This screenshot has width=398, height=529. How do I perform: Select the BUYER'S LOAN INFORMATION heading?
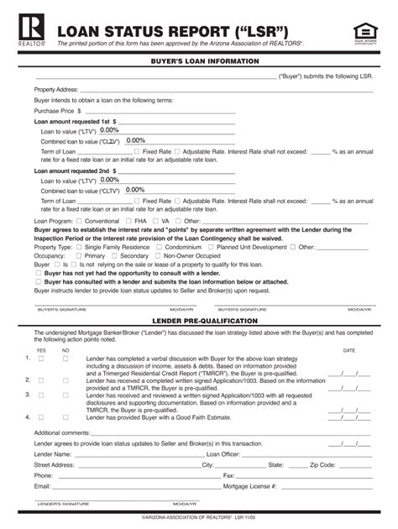click(x=198, y=61)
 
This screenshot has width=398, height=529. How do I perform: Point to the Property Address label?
click(x=56, y=89)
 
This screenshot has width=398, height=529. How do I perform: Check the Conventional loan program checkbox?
click(x=77, y=221)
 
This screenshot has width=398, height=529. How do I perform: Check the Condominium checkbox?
click(x=159, y=248)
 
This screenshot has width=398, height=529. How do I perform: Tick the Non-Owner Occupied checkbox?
click(x=159, y=256)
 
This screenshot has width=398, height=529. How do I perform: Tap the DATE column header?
click(x=349, y=350)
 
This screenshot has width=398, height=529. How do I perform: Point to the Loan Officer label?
click(x=221, y=453)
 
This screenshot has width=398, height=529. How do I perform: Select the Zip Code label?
click(x=322, y=464)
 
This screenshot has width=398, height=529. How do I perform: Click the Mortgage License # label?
click(x=250, y=485)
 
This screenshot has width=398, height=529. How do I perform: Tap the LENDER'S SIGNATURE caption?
click(x=63, y=504)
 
